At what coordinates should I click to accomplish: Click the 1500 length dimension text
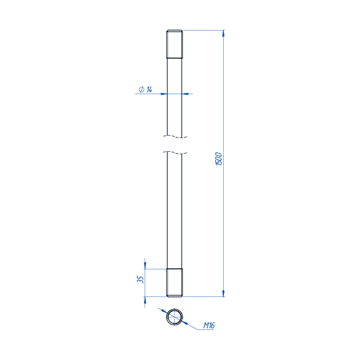[x=219, y=158]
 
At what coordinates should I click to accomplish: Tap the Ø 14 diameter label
[x=145, y=89]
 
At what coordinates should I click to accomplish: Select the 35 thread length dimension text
[x=140, y=279]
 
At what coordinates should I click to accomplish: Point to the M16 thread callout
[x=209, y=325]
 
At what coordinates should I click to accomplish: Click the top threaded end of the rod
[x=175, y=44]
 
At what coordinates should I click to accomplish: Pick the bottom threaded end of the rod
[x=175, y=283]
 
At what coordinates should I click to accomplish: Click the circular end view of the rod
[x=175, y=317]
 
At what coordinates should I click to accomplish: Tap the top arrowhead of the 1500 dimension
[x=223, y=33]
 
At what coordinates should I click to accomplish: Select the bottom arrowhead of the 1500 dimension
[x=223, y=293]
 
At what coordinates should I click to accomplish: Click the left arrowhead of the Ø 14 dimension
[x=164, y=94]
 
